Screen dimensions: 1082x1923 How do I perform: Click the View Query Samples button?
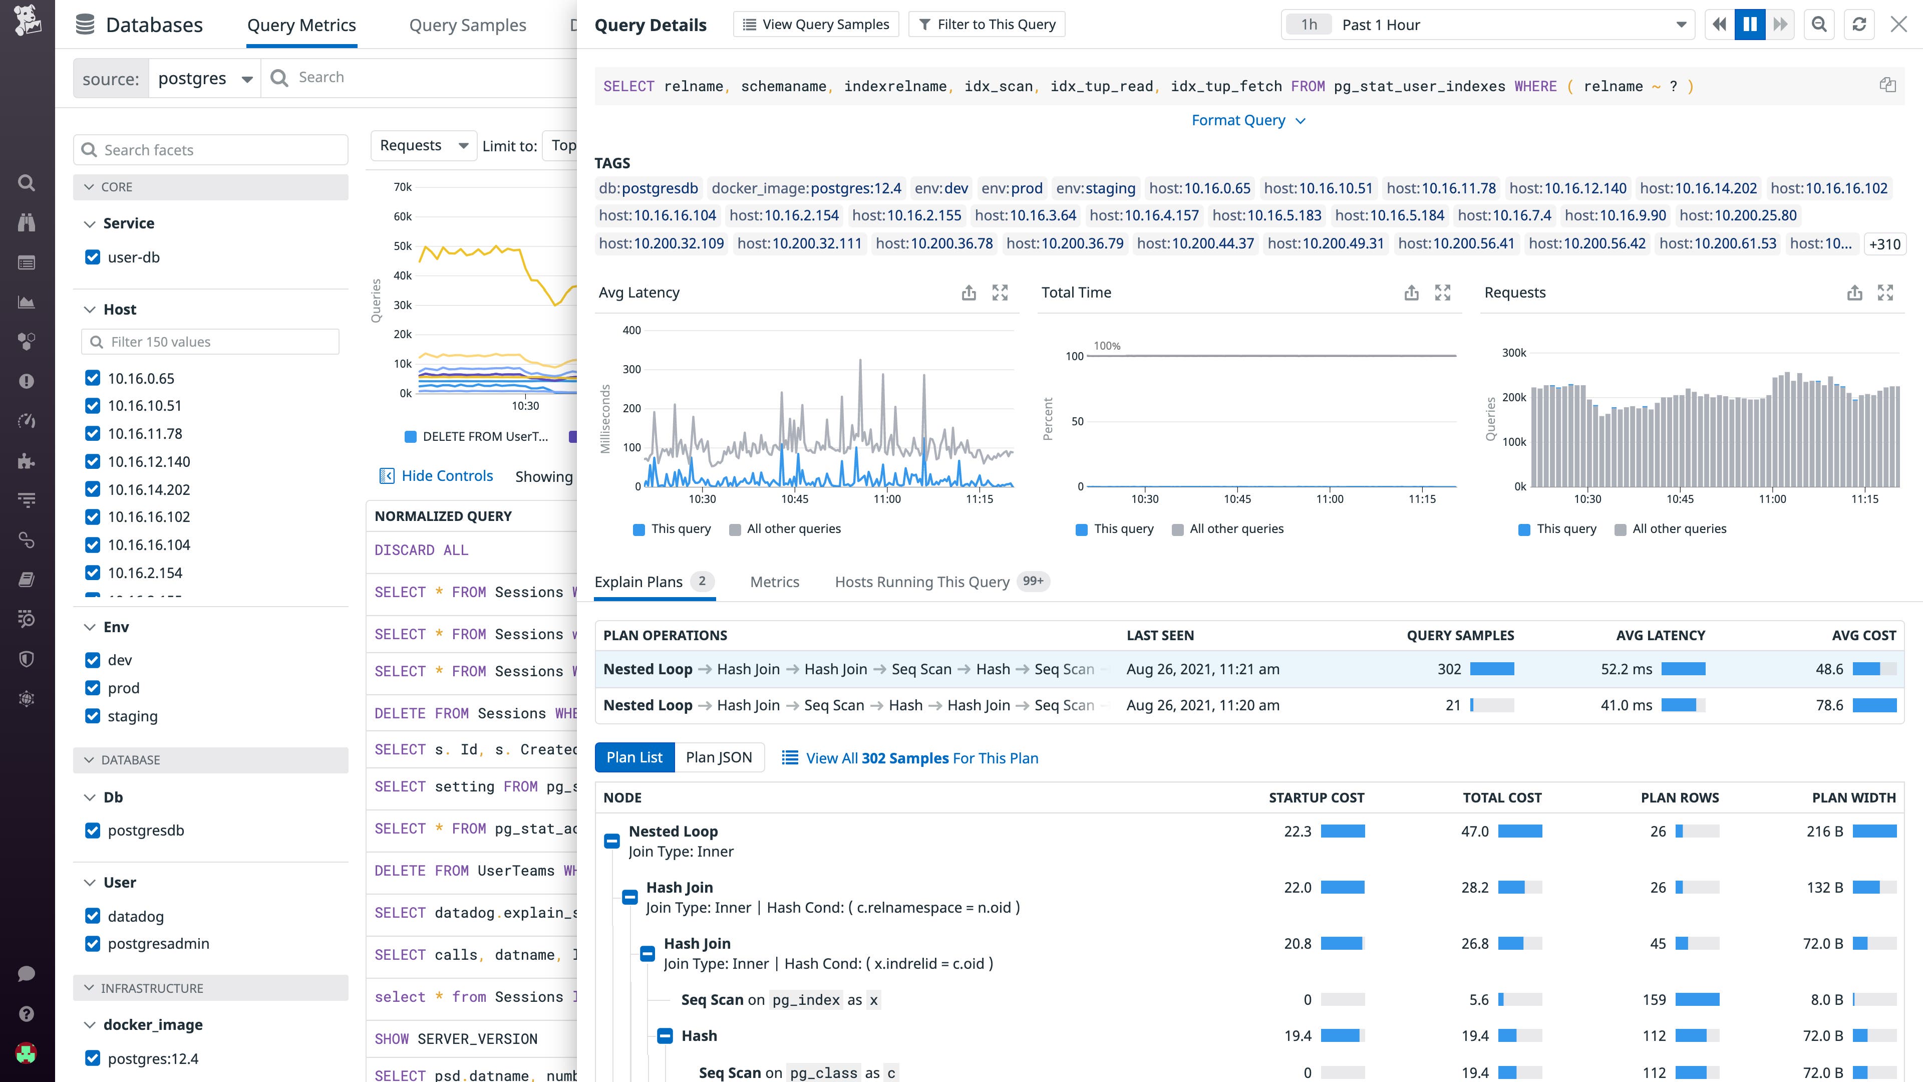(816, 25)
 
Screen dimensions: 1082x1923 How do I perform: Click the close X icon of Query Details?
(1898, 25)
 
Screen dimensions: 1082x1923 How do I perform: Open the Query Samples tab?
(467, 26)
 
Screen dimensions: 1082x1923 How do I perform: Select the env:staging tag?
(1095, 188)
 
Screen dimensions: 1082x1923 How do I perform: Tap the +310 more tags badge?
(1884, 244)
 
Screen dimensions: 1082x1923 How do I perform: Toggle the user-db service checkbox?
(93, 257)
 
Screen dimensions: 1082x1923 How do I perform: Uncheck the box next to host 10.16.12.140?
(93, 461)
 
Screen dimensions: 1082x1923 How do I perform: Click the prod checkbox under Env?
(93, 688)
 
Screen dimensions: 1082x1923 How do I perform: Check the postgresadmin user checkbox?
(93, 943)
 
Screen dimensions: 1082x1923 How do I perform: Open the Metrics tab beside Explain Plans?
(774, 582)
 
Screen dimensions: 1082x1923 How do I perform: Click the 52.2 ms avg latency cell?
(1626, 669)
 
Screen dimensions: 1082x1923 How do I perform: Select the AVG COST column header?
(1863, 636)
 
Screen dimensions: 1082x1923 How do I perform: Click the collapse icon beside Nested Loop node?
(611, 841)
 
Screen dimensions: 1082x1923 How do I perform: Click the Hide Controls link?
(446, 476)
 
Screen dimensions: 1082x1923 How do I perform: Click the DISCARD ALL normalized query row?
(421, 551)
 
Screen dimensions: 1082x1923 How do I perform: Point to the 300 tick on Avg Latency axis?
(631, 369)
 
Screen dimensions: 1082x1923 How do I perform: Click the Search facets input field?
(220, 150)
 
